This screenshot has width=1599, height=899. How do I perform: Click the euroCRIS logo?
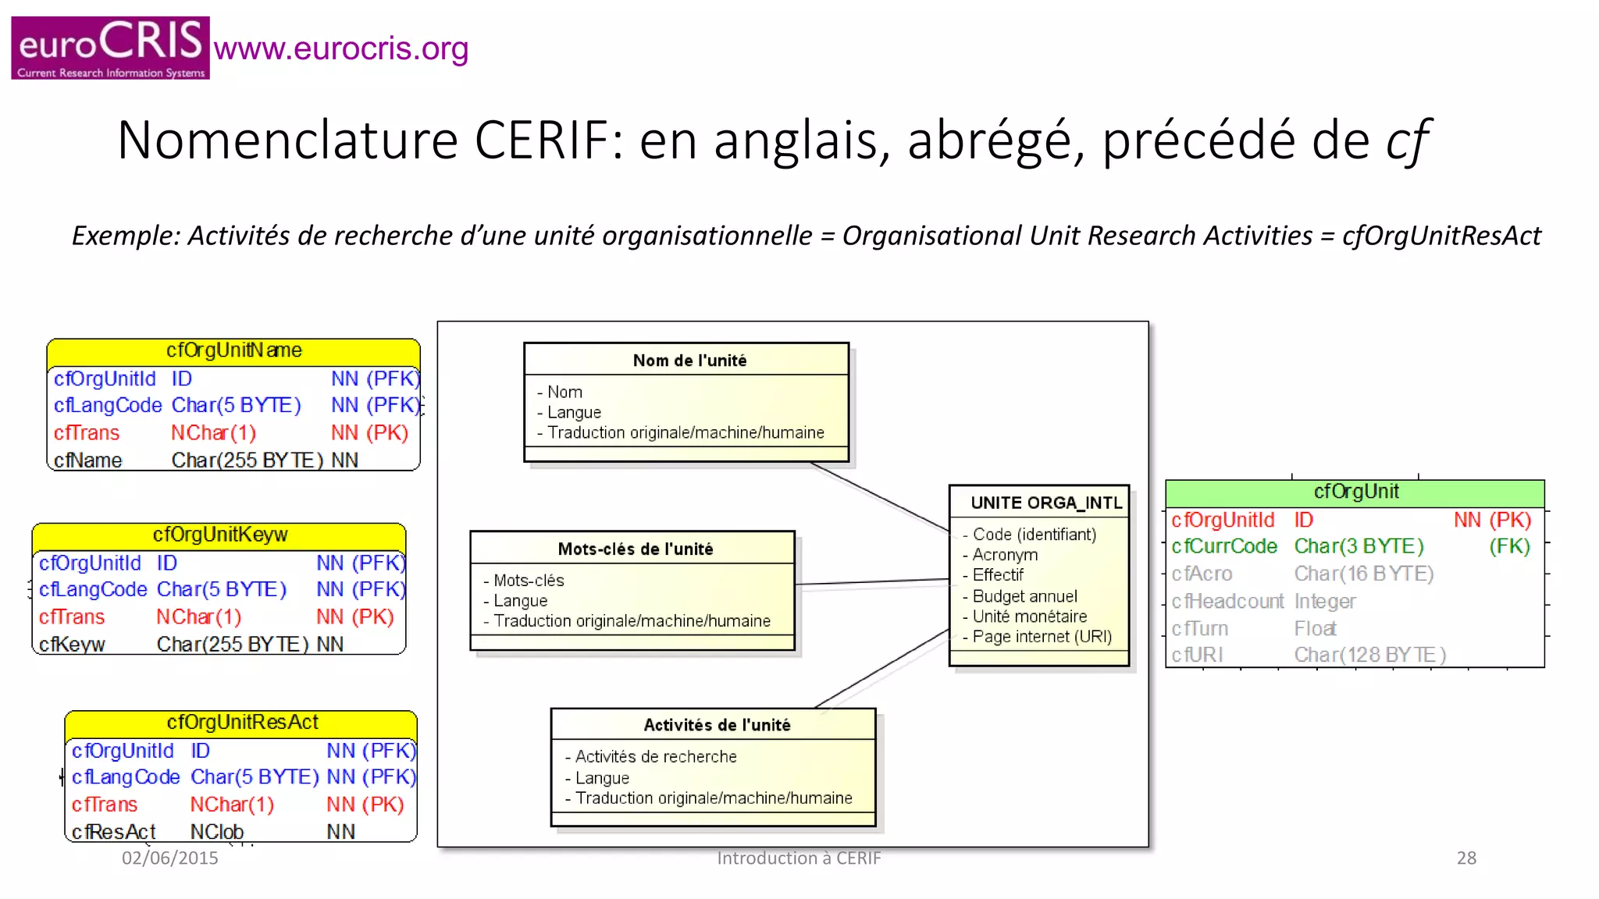pyautogui.click(x=110, y=48)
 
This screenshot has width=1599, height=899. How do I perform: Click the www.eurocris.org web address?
pyautogui.click(x=341, y=48)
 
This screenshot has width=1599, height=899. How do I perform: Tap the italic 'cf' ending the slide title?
pyautogui.click(x=1406, y=140)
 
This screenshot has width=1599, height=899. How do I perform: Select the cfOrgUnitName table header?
pyautogui.click(x=233, y=350)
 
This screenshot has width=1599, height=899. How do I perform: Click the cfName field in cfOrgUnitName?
pyautogui.click(x=88, y=460)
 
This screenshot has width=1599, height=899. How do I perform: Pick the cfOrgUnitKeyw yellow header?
pyautogui.click(x=219, y=535)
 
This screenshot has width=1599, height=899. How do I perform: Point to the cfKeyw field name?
pyautogui.click(x=72, y=645)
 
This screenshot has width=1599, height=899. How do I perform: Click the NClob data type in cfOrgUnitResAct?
pyautogui.click(x=217, y=832)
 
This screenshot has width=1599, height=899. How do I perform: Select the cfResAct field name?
pyautogui.click(x=114, y=832)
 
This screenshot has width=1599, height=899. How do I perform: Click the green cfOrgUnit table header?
pyautogui.click(x=1355, y=492)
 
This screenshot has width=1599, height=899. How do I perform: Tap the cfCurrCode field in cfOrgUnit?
pyautogui.click(x=1224, y=546)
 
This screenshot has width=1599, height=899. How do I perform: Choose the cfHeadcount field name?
pyautogui.click(x=1227, y=601)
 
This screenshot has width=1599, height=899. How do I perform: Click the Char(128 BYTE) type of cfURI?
pyautogui.click(x=1370, y=655)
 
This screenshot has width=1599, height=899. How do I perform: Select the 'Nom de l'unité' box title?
pyautogui.click(x=689, y=361)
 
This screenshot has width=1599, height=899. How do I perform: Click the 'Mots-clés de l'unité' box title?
pyautogui.click(x=636, y=549)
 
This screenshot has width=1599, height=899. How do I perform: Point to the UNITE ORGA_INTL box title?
pyautogui.click(x=1046, y=503)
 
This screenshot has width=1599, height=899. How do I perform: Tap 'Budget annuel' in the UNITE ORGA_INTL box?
pyautogui.click(x=1024, y=596)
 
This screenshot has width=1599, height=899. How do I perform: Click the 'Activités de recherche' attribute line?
pyautogui.click(x=656, y=756)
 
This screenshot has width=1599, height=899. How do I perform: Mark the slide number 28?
pyautogui.click(x=1466, y=858)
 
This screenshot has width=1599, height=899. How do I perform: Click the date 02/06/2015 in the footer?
pyautogui.click(x=169, y=858)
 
